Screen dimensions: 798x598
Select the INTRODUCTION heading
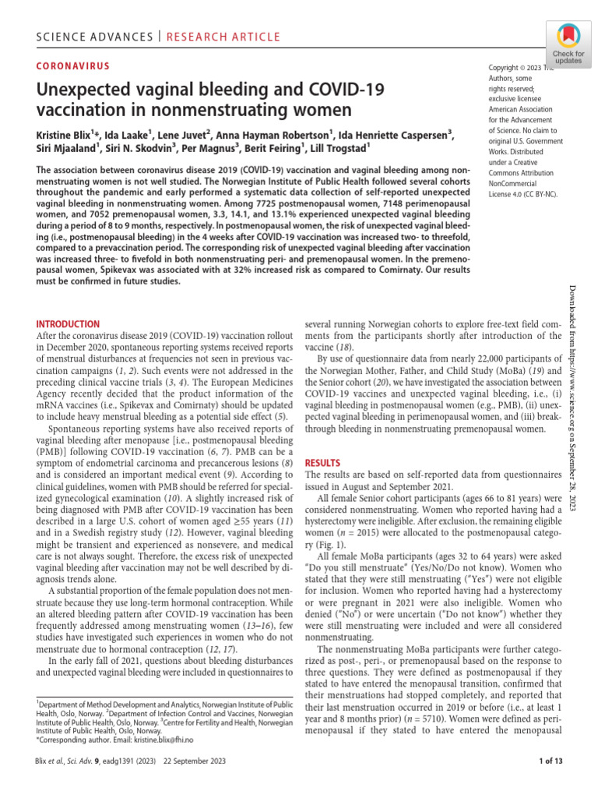point(69,323)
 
